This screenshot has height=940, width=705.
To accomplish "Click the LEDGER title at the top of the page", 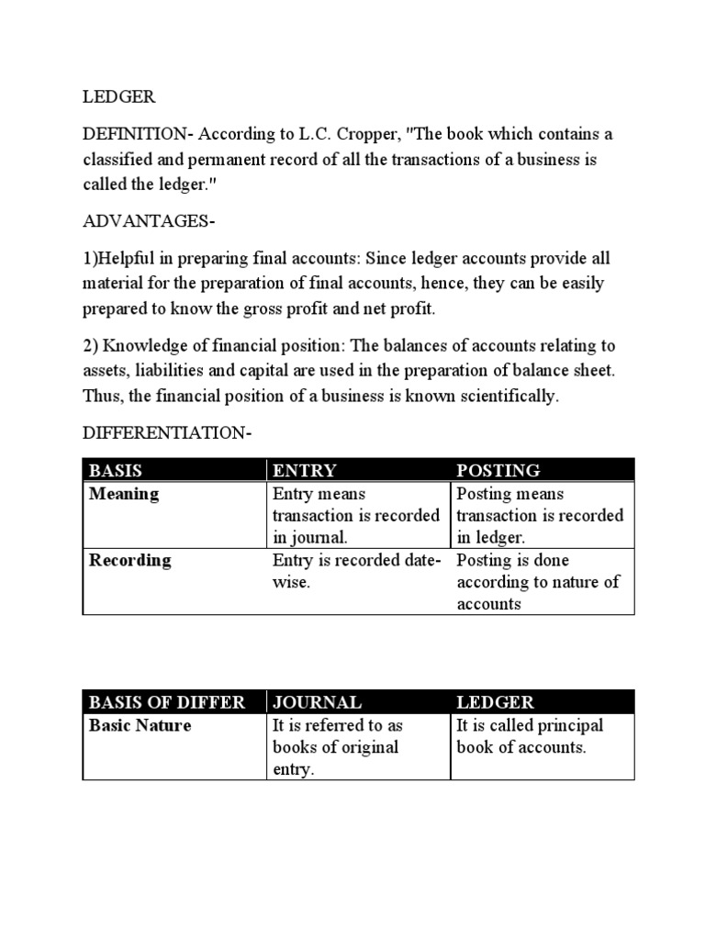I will (x=119, y=95).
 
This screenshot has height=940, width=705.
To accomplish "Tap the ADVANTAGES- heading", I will (x=144, y=221).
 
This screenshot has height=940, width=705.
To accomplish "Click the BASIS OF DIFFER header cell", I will (x=166, y=702).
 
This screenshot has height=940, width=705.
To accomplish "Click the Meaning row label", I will (x=123, y=494).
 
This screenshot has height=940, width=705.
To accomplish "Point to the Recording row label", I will (x=129, y=560).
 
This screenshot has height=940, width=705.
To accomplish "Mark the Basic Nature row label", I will (x=140, y=725).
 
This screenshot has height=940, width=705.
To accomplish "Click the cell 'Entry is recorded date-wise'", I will (x=356, y=571).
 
